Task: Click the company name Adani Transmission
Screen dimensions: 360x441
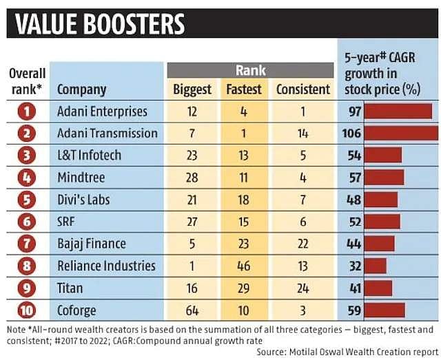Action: [107, 133]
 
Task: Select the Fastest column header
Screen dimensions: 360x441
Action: [244, 89]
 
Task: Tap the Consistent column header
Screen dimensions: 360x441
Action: [303, 89]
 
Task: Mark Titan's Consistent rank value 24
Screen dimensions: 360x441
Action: [303, 288]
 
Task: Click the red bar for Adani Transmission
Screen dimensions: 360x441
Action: [401, 133]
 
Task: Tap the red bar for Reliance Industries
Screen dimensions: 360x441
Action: [376, 266]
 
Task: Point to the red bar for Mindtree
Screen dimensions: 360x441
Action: [384, 177]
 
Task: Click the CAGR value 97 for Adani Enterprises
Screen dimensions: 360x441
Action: [354, 111]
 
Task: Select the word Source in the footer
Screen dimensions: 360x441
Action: [271, 351]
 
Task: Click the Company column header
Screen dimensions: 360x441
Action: [81, 89]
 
